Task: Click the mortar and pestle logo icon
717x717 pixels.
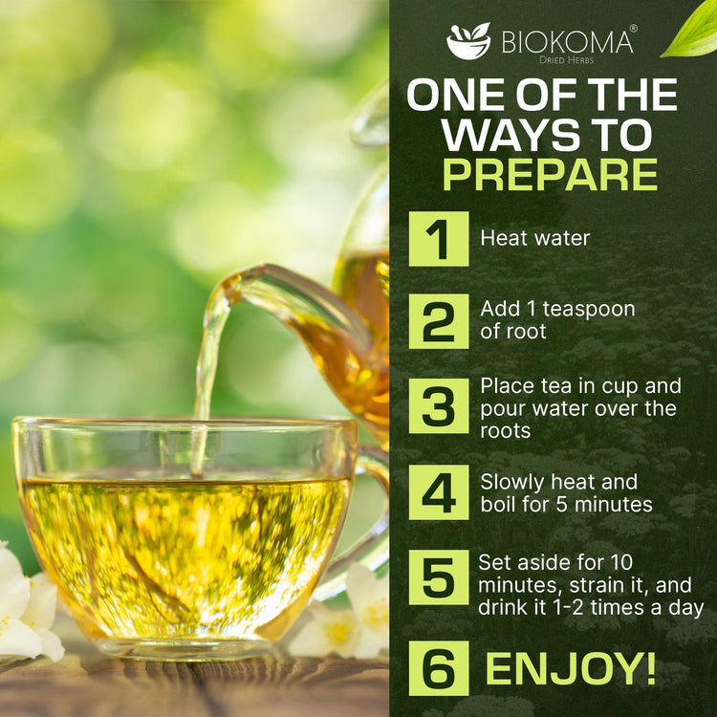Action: click(x=468, y=41)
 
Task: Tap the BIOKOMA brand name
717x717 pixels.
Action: click(x=567, y=42)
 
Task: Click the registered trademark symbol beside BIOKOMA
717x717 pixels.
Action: click(x=633, y=28)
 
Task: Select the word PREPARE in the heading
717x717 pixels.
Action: click(x=550, y=175)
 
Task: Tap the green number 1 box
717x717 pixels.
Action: click(x=439, y=239)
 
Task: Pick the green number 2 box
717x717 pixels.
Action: click(x=439, y=321)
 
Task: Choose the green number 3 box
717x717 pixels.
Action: click(x=439, y=405)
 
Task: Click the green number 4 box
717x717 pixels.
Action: click(x=439, y=492)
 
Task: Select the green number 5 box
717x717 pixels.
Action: click(x=439, y=577)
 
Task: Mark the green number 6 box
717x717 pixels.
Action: click(x=439, y=668)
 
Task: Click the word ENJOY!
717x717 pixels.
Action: click(x=571, y=668)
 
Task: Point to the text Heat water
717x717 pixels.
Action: click(x=535, y=238)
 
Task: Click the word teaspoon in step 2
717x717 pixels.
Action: click(x=589, y=310)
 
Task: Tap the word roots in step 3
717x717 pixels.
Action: click(x=506, y=431)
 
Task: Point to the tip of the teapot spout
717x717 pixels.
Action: click(x=227, y=289)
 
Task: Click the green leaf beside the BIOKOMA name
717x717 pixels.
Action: click(x=690, y=30)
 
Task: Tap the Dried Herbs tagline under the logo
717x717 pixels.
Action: click(x=566, y=60)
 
